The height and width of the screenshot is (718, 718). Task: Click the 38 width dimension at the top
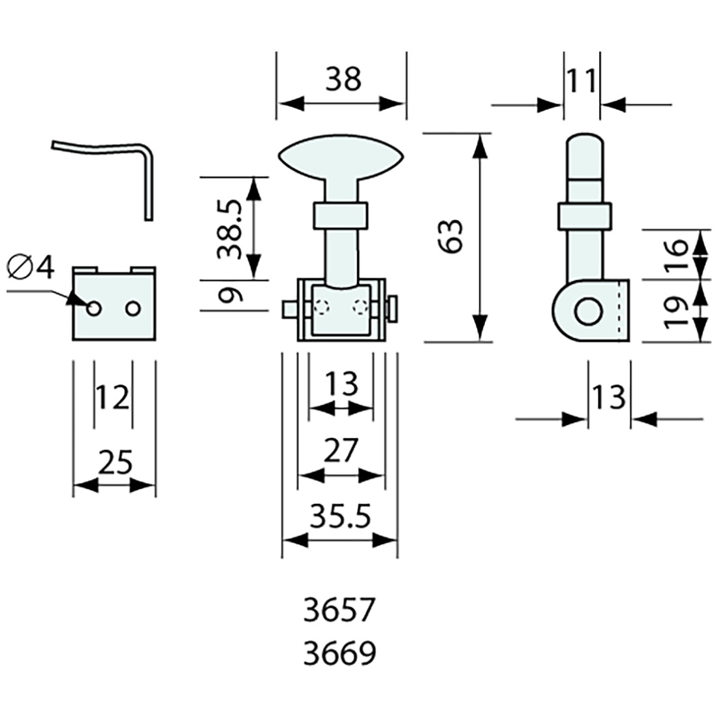coord(343,80)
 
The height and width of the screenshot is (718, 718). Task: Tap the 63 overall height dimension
coord(451,236)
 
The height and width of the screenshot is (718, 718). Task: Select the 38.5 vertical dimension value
coord(230,229)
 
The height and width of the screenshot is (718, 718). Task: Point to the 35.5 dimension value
coord(340,518)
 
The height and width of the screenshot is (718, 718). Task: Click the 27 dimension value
coord(341,451)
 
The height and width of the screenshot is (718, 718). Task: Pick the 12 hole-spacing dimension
coord(113,397)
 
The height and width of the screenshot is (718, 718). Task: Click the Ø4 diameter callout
coord(32,267)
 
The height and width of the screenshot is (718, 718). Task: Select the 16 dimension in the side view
coord(677,255)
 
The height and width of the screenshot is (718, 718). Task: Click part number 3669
coord(340,653)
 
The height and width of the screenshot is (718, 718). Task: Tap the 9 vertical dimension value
coord(230,296)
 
